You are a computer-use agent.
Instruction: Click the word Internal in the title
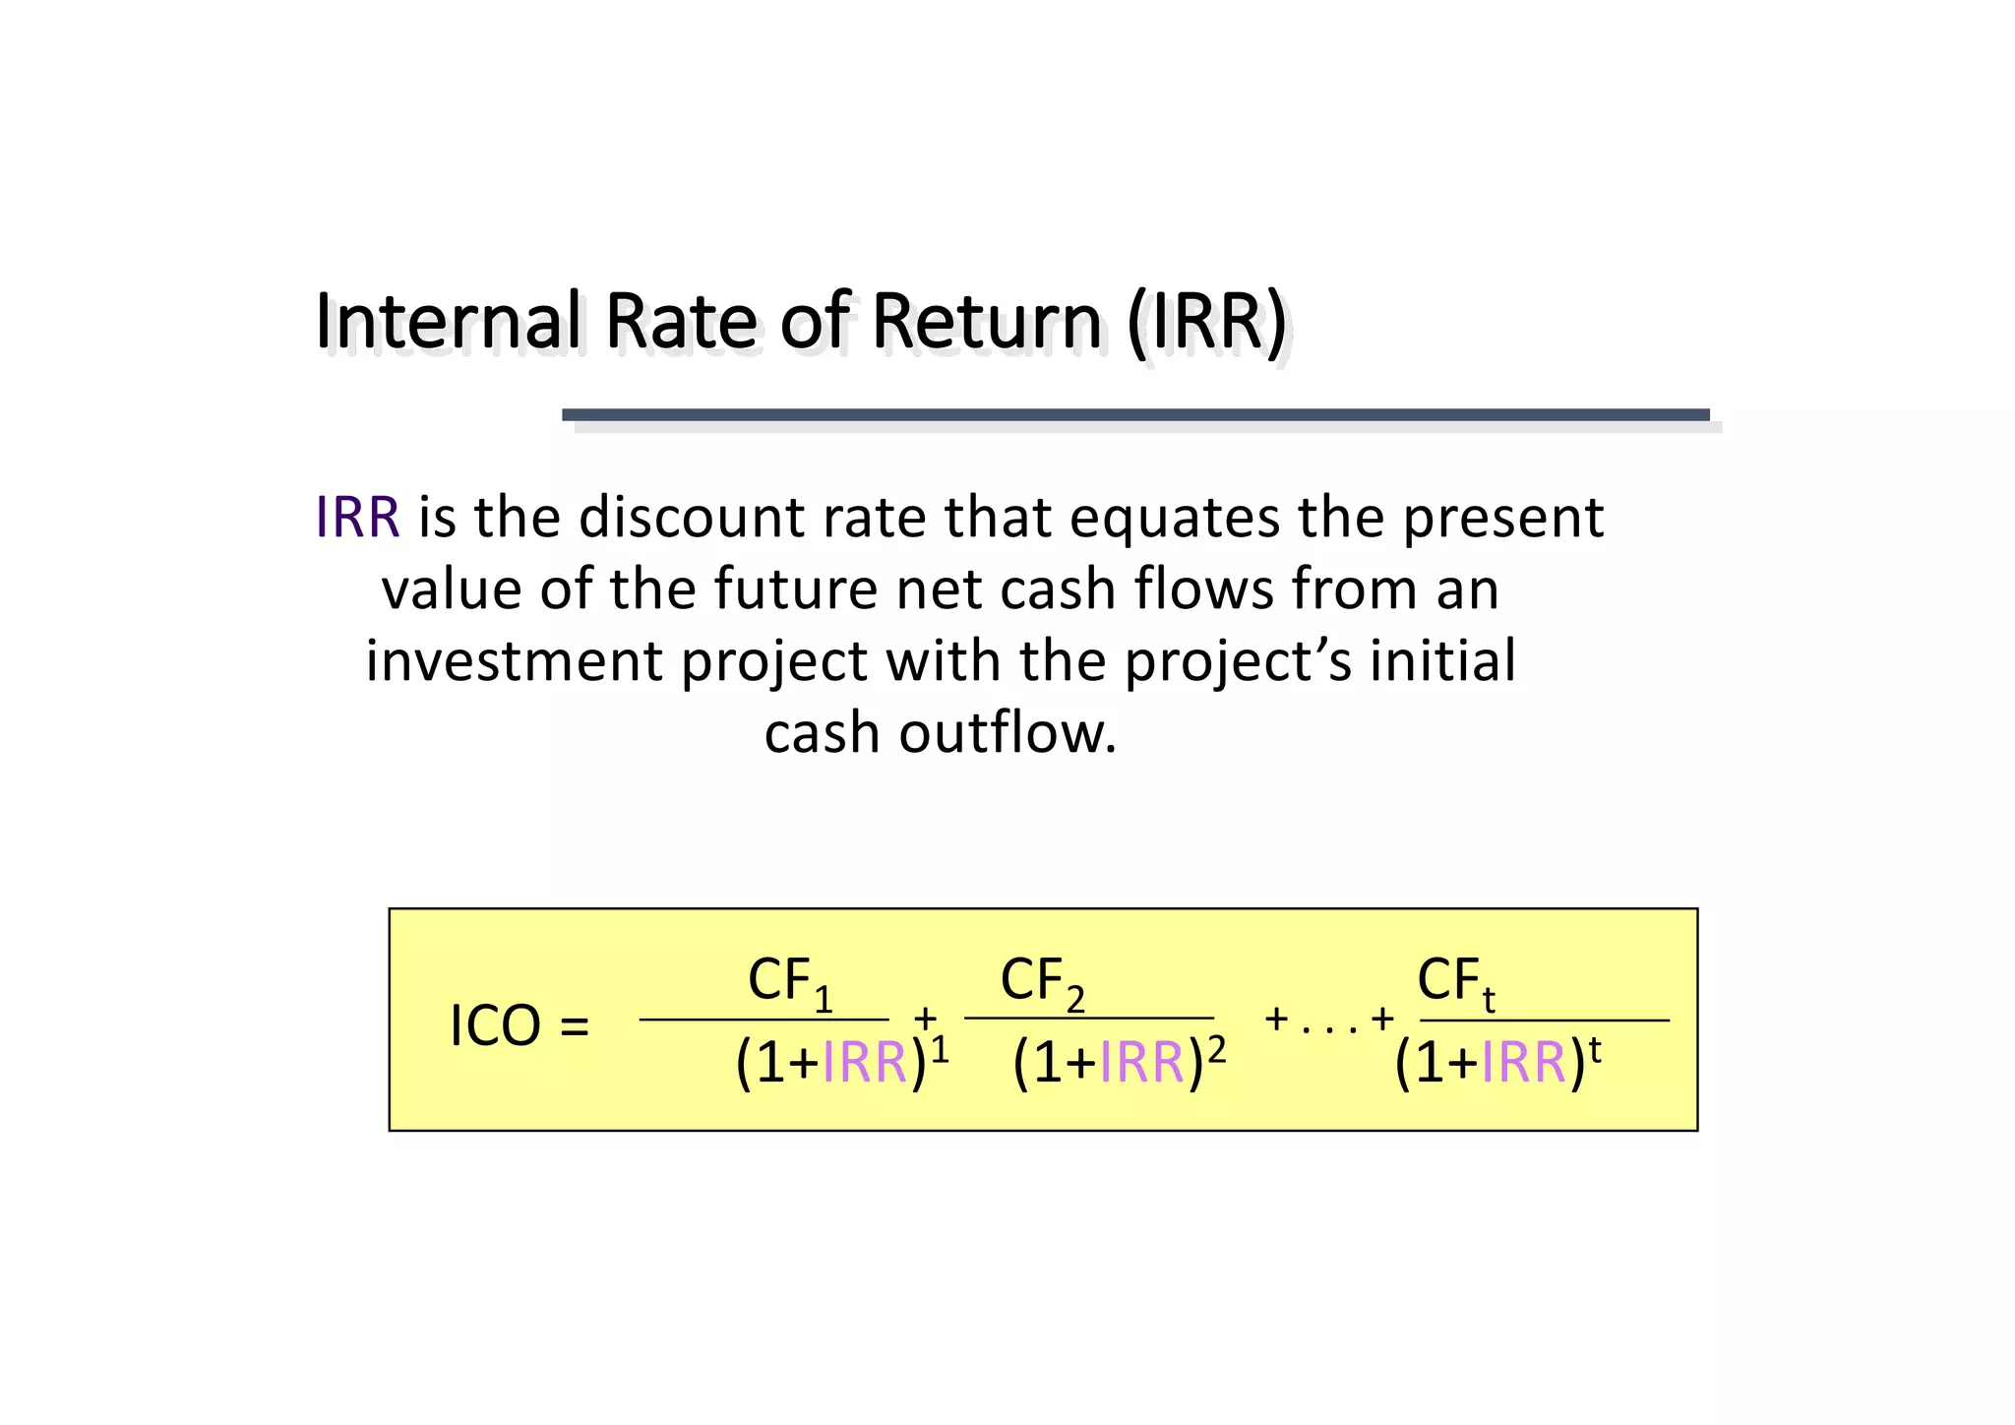pos(449,322)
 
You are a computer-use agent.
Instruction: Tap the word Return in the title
pos(986,322)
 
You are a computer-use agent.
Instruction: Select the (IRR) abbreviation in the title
pos(1207,322)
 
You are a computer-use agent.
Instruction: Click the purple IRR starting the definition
pos(357,518)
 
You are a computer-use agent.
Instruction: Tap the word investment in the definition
pos(514,661)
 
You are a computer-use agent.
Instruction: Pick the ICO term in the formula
pos(495,1027)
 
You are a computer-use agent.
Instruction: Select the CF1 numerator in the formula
pos(790,982)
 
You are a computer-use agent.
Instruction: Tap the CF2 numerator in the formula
pos(1043,982)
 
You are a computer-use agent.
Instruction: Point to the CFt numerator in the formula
pos(1456,982)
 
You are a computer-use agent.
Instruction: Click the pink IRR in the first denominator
pos(865,1064)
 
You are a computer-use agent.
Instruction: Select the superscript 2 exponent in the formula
pos(1217,1052)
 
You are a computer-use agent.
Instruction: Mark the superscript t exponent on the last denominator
pos(1595,1052)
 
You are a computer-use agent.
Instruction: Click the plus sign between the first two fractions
pos(925,1018)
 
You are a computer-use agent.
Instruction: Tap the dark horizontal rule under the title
pos(1135,415)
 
